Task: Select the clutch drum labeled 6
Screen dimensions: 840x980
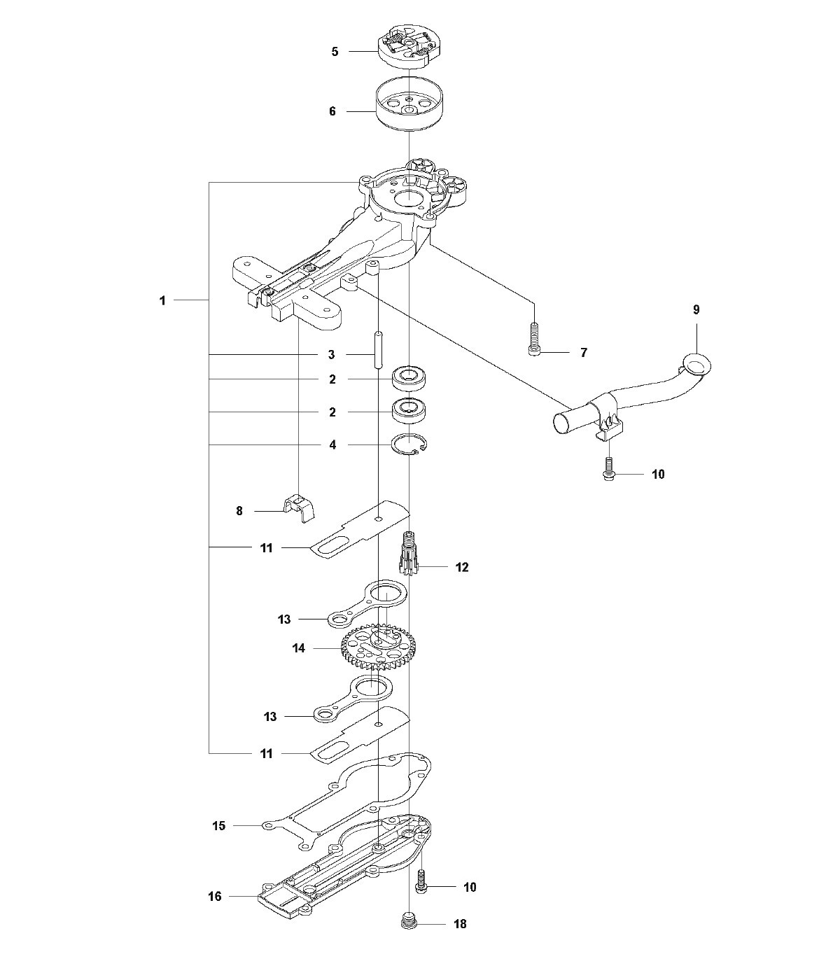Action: (x=409, y=104)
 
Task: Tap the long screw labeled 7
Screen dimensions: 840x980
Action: (x=533, y=339)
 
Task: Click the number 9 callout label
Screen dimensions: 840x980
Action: (x=696, y=309)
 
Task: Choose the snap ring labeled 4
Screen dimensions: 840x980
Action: (x=409, y=446)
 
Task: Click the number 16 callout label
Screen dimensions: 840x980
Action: (x=215, y=897)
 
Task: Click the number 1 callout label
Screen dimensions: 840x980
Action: (x=162, y=300)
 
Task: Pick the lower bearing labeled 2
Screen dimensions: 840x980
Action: (x=408, y=411)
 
